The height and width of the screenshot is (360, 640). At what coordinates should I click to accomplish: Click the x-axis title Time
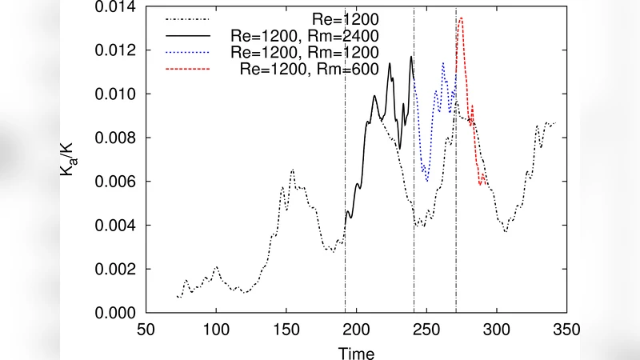356,351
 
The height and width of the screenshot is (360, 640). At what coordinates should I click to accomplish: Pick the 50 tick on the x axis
146,329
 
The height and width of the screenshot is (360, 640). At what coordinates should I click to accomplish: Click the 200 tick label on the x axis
356,329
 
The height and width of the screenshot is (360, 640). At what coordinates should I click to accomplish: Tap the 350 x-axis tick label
566,329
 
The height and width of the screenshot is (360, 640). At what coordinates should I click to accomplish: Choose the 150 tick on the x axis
286,329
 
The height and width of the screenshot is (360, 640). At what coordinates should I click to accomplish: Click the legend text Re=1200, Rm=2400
304,36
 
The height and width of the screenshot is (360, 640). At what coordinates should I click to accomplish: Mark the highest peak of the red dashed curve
461,18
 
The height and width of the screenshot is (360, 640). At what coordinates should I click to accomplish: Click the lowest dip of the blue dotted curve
428,181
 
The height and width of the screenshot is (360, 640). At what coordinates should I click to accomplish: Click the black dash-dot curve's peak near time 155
293,170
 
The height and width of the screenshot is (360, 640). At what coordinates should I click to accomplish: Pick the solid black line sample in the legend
186,36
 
